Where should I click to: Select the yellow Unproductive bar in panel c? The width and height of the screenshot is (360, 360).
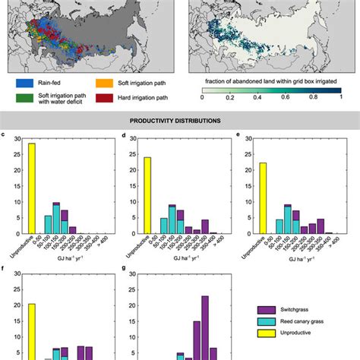[32, 190]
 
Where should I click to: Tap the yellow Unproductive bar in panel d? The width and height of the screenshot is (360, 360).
[147, 197]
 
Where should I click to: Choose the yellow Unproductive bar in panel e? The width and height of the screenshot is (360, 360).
[262, 201]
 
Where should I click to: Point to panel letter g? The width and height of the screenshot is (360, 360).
[122, 268]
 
